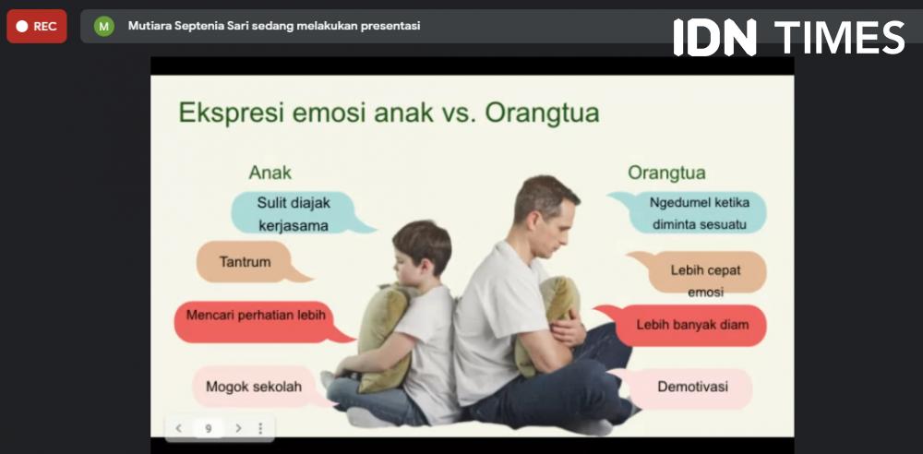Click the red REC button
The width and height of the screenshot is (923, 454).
[x=37, y=27]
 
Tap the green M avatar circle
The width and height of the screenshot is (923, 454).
[x=104, y=26]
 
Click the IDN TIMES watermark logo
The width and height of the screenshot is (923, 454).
[x=789, y=37]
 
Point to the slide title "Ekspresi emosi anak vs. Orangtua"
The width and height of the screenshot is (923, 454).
[x=390, y=113]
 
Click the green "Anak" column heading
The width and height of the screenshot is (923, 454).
[x=270, y=173]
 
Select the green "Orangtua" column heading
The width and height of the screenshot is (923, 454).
[x=666, y=173]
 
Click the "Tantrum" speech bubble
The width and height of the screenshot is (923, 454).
[x=247, y=261]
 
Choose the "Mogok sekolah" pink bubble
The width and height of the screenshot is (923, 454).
[x=256, y=387]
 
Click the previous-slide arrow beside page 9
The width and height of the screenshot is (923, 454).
[x=178, y=429]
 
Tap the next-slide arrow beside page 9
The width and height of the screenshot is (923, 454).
[x=238, y=429]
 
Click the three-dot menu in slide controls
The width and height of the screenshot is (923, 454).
[x=260, y=429]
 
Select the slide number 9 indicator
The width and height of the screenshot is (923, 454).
[x=209, y=429]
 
